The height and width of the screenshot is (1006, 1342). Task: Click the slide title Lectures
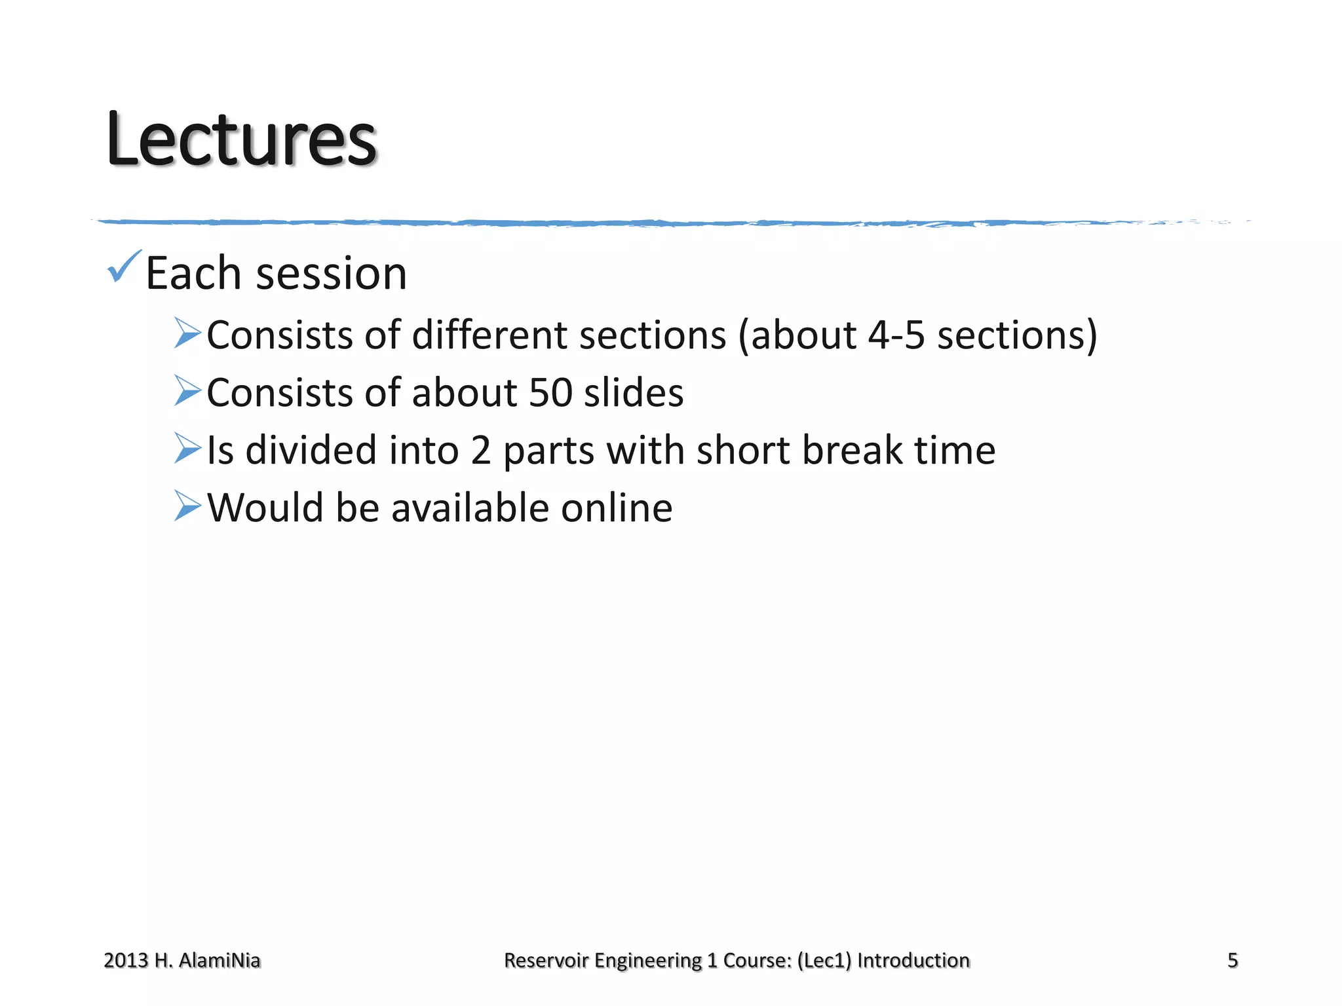point(242,140)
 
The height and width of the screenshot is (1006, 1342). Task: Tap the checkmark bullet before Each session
point(123,267)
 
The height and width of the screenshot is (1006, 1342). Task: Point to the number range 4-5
point(896,335)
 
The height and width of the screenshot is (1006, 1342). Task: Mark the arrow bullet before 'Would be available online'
point(187,506)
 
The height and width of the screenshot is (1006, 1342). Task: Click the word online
point(617,508)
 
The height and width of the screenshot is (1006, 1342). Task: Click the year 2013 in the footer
point(126,960)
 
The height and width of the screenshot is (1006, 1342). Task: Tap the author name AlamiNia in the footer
point(220,960)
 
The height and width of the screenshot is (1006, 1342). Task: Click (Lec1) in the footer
point(824,960)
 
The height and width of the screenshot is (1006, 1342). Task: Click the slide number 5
point(1233,960)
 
